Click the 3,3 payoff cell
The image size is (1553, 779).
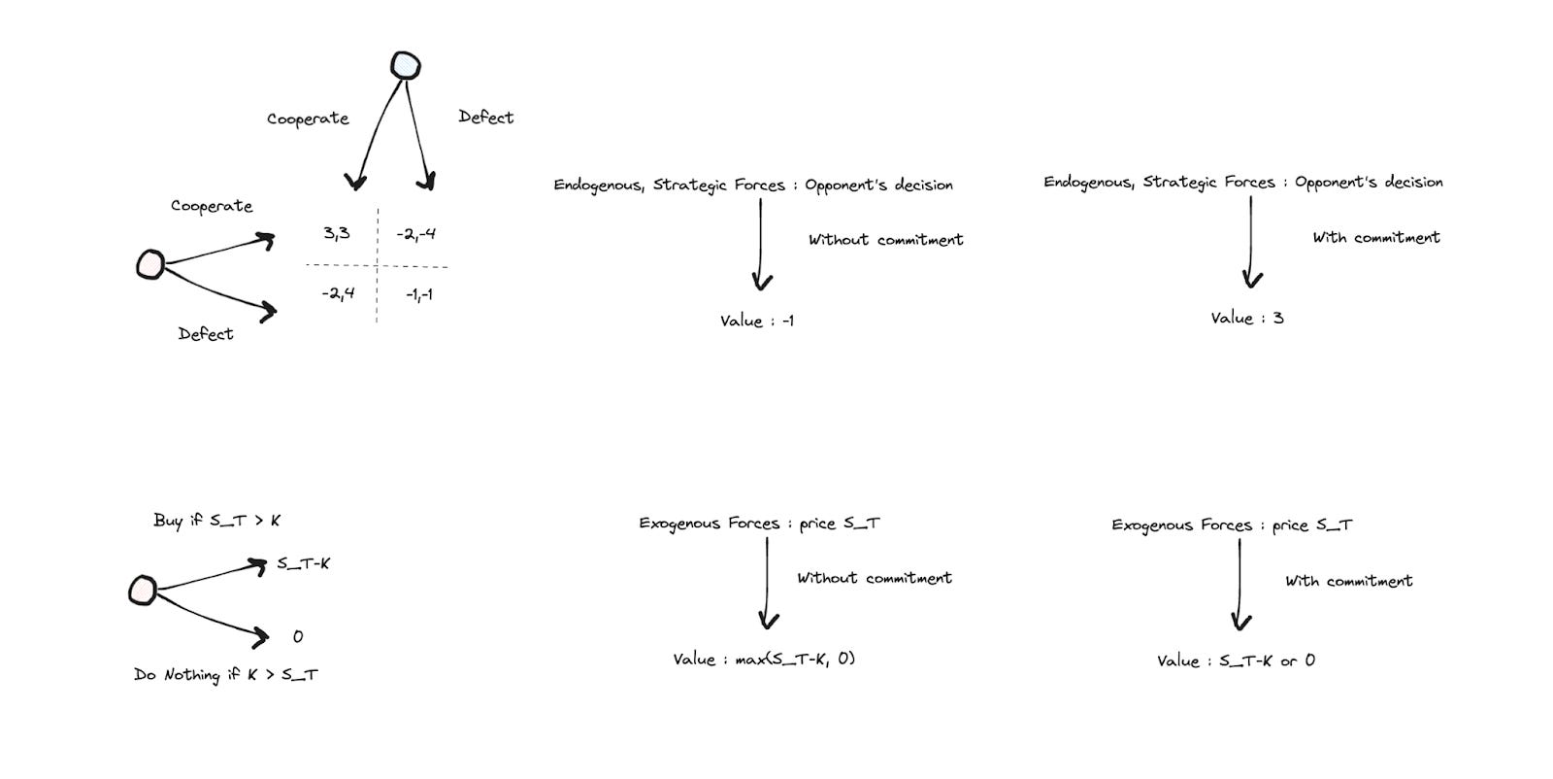click(337, 233)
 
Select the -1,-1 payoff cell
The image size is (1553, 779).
click(419, 294)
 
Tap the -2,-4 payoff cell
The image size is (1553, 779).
click(416, 234)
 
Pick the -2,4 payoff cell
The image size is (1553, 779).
click(338, 292)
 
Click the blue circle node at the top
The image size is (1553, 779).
click(406, 66)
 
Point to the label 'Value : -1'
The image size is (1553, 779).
click(757, 321)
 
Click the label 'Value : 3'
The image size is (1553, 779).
click(1247, 318)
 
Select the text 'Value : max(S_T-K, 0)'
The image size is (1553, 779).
click(764, 659)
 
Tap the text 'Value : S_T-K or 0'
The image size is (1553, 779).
click(1236, 660)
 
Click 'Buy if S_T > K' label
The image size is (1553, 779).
click(216, 521)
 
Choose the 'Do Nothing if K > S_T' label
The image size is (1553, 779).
click(225, 674)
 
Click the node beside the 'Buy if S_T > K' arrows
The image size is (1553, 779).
click(143, 590)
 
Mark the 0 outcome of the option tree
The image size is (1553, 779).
click(298, 636)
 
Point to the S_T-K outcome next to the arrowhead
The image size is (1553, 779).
click(303, 563)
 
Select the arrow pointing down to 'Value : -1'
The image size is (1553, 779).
click(761, 243)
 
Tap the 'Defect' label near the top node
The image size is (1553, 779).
click(485, 118)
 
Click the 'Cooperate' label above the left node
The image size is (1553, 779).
click(212, 206)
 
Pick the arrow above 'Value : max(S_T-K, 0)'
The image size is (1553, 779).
click(768, 583)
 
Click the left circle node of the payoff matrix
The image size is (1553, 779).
click(149, 264)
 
